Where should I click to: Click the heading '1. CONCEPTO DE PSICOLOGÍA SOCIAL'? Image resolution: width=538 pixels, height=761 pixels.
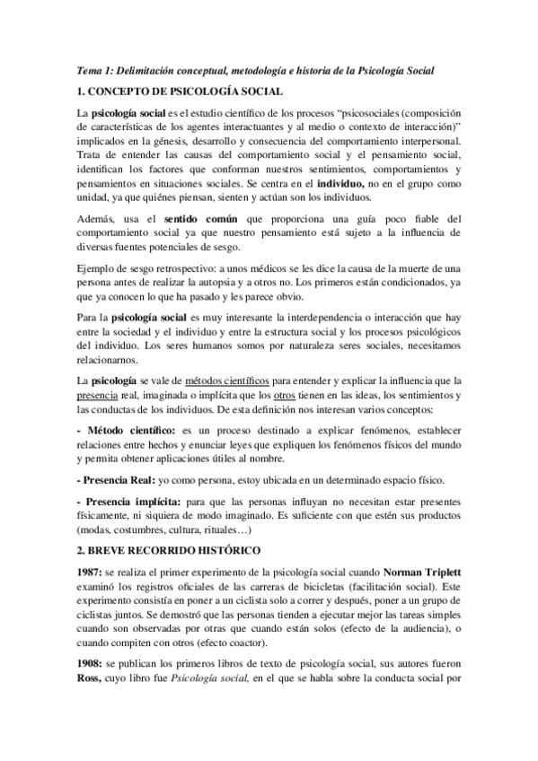click(180, 92)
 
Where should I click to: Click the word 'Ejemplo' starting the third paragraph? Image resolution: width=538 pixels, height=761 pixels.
click(98, 267)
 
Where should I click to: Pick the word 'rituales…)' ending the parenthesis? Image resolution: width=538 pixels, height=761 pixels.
click(275, 529)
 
